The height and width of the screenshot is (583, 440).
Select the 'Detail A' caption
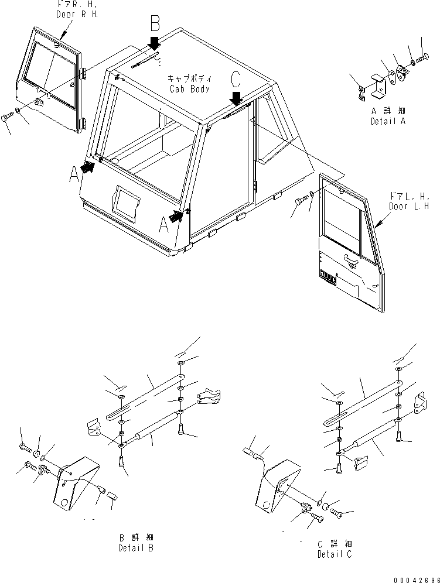[387, 121]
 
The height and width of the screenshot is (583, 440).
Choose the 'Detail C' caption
[335, 554]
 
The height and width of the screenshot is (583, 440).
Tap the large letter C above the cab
[236, 78]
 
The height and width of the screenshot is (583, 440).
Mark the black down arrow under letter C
[236, 96]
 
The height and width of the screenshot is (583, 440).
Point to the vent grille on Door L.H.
[328, 277]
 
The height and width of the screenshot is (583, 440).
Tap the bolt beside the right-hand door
[8, 118]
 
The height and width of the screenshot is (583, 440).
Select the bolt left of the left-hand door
[300, 202]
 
